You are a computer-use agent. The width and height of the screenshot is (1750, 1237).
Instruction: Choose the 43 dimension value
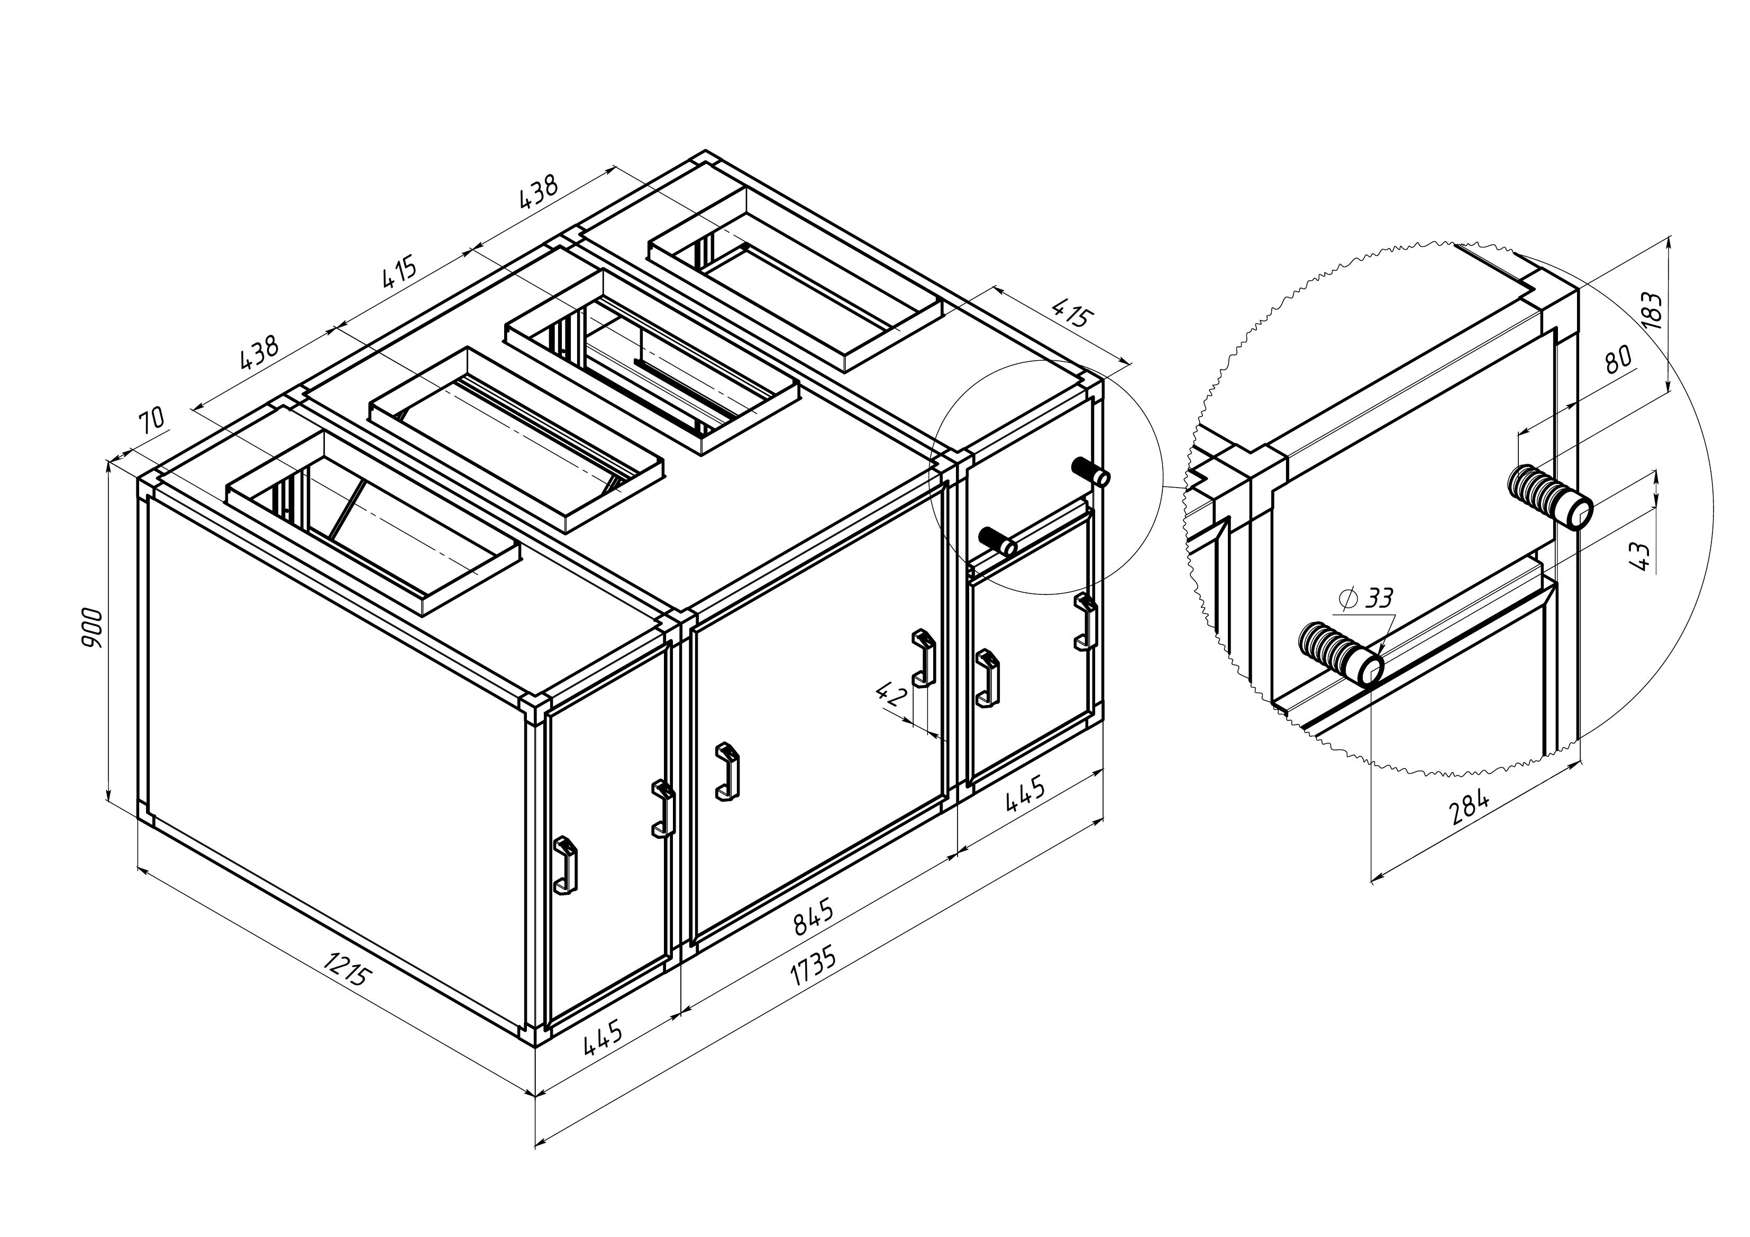point(1641,556)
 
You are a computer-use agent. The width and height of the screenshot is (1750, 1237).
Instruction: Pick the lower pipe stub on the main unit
point(997,540)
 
